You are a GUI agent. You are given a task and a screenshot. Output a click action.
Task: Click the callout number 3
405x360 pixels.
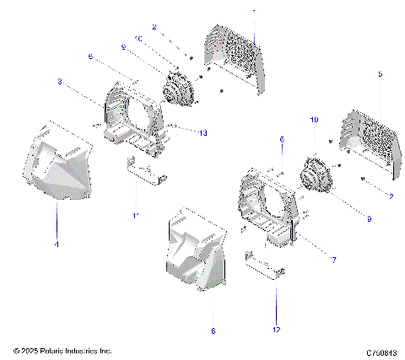coord(60,82)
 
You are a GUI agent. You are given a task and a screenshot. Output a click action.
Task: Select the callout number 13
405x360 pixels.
coord(202,132)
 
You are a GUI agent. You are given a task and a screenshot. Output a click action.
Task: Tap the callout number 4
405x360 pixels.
coord(57,244)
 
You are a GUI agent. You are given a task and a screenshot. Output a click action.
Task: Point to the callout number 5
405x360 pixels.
coord(380,75)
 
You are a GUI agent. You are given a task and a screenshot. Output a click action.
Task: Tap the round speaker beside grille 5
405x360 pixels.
coord(316,174)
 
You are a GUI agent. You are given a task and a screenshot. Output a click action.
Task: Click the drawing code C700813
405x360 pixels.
coord(382,351)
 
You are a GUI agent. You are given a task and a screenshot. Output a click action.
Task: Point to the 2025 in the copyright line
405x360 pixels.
coord(32,351)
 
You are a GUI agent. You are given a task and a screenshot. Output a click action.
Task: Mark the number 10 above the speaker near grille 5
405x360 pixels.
coord(315,121)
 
